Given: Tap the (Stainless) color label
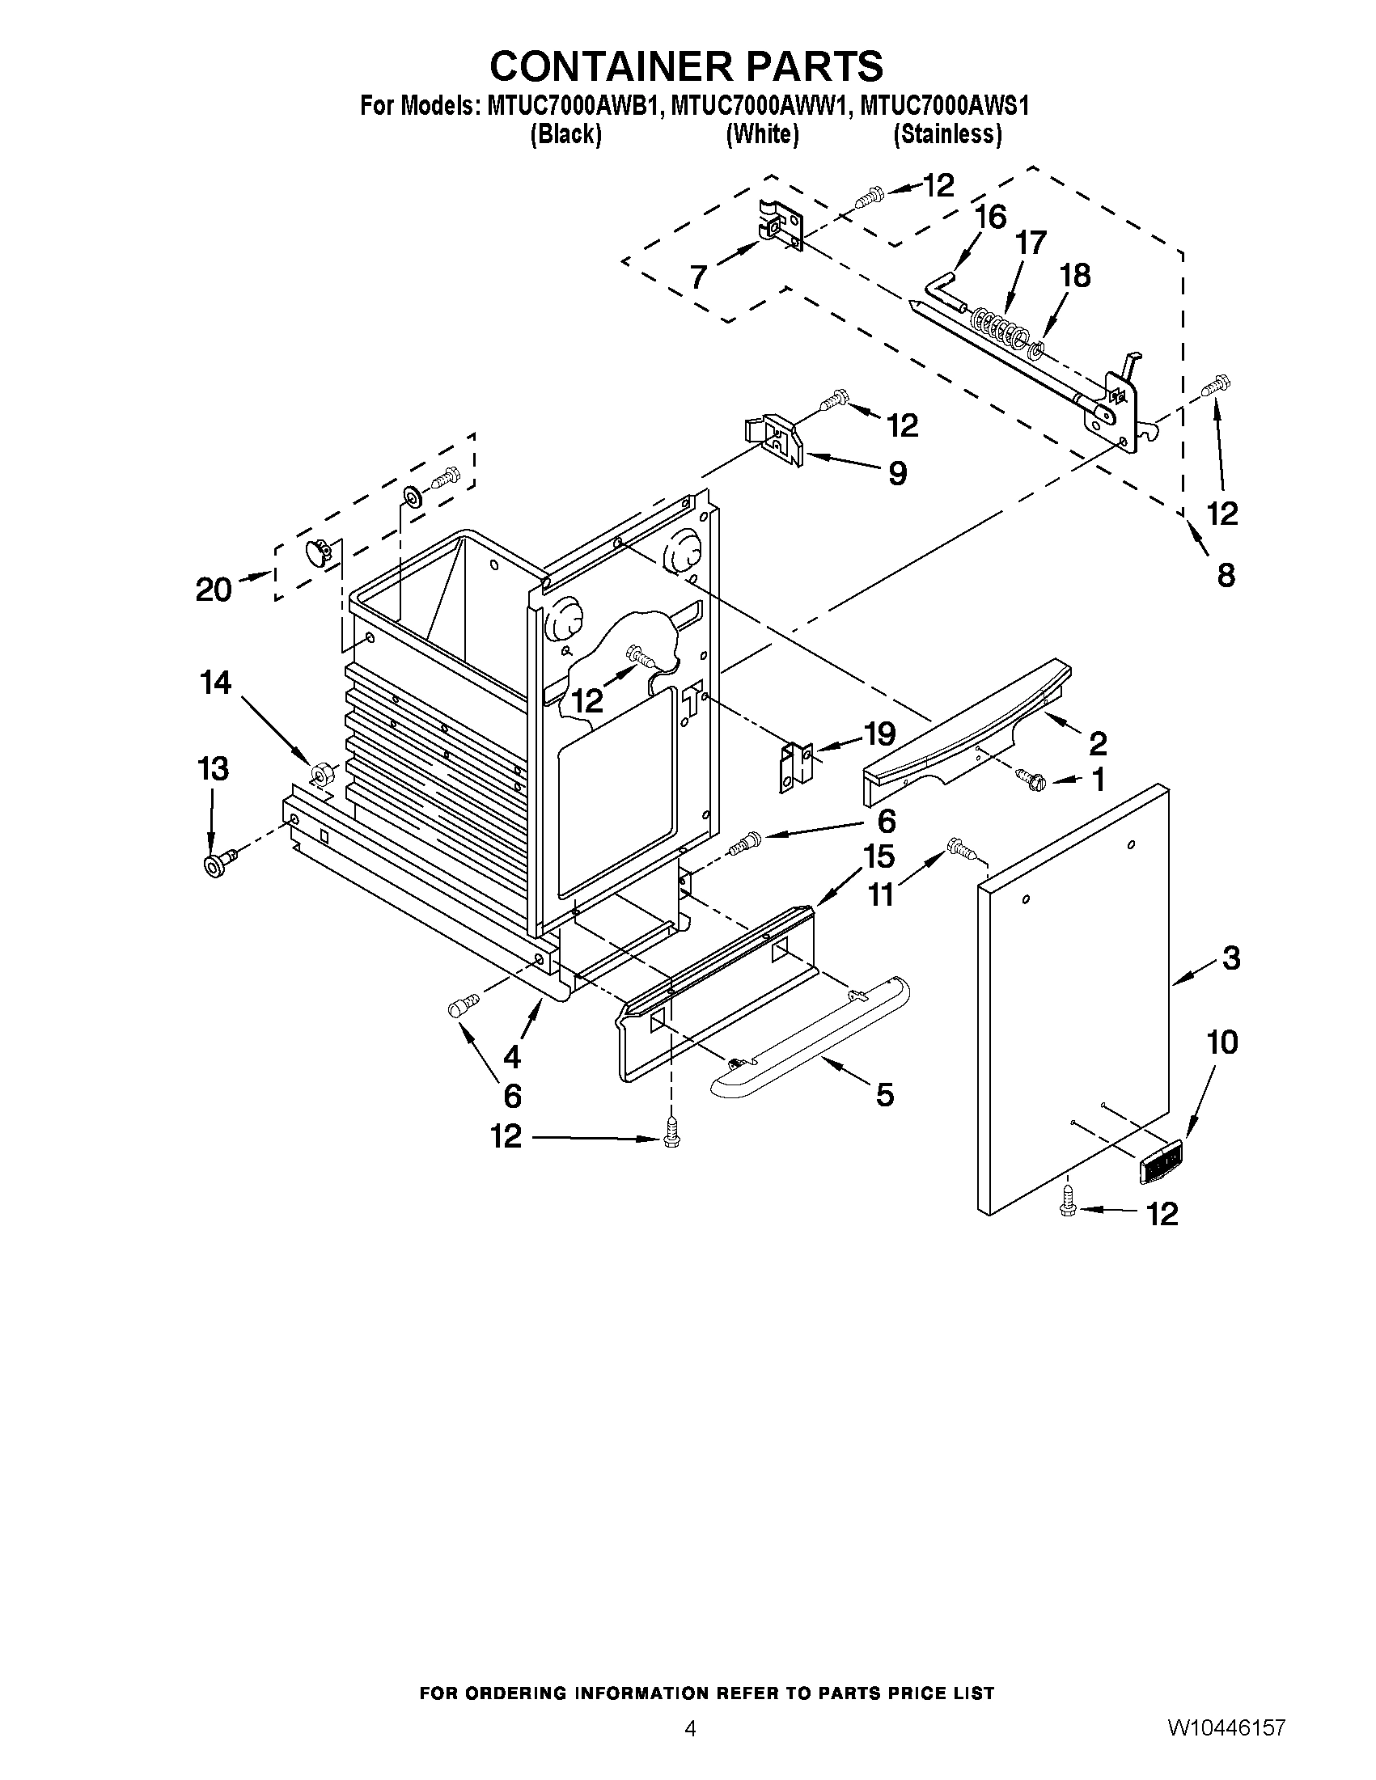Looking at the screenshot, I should [x=947, y=134].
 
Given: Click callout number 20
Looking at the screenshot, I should [x=214, y=590].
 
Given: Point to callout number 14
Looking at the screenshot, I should [x=215, y=683].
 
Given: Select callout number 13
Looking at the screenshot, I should [x=214, y=768].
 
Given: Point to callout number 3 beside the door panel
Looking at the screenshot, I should [x=1231, y=958].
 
